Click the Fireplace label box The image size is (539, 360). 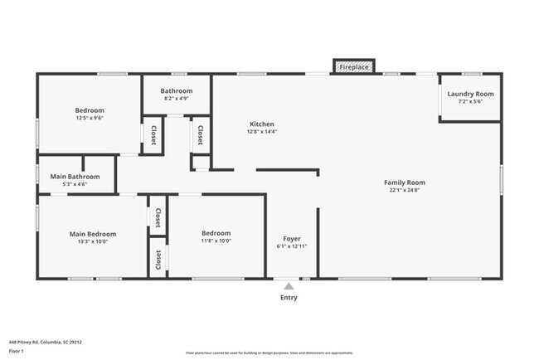[354, 66]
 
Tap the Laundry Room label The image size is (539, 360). [470, 94]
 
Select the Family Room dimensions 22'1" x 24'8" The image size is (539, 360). [405, 191]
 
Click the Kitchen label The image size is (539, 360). [263, 124]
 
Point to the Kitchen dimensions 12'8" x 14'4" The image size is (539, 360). [263, 132]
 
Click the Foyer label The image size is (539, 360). [292, 239]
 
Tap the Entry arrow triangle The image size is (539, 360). [289, 285]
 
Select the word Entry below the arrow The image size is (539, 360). [289, 297]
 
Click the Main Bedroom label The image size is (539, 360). [93, 234]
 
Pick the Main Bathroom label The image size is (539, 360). [75, 176]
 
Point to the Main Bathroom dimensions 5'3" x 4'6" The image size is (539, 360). [75, 184]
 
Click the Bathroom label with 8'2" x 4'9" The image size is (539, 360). [177, 90]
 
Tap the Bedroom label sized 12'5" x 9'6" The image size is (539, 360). [90, 110]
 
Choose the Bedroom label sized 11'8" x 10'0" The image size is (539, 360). [216, 233]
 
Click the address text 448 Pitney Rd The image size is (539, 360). [46, 341]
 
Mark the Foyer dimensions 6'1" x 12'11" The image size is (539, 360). [292, 247]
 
